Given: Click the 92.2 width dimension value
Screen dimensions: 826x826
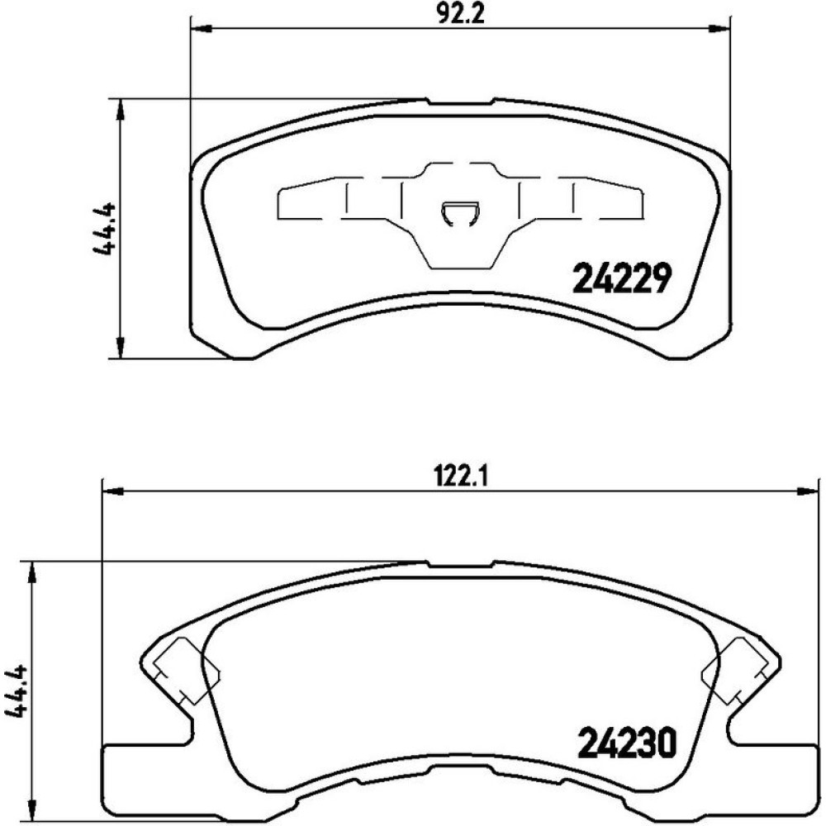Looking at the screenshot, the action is pyautogui.click(x=460, y=15).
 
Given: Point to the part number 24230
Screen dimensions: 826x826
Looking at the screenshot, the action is pyautogui.click(x=626, y=742).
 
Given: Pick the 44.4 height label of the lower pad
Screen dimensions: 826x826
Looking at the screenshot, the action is pyautogui.click(x=16, y=691).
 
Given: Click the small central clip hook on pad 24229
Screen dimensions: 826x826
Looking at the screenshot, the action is pyautogui.click(x=460, y=214).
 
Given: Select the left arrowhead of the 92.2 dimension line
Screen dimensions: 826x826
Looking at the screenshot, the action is pyautogui.click(x=201, y=28).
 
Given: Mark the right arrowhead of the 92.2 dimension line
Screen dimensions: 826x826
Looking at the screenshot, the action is pyautogui.click(x=719, y=28).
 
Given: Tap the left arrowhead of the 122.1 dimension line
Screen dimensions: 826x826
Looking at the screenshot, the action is pyautogui.click(x=112, y=491).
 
